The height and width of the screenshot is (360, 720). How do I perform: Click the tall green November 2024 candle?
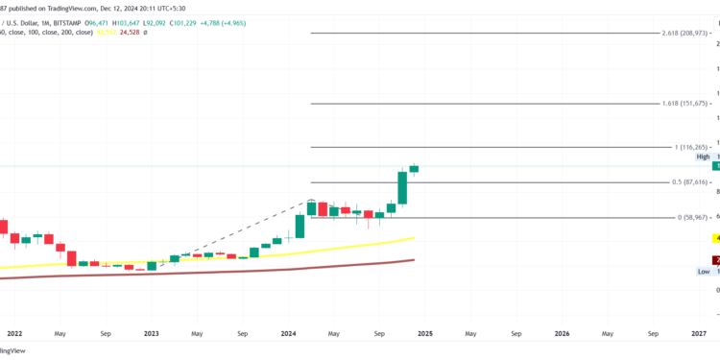tap(403, 187)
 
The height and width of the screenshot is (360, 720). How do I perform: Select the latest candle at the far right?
tap(414, 168)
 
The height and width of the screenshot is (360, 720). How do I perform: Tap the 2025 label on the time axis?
tap(424, 334)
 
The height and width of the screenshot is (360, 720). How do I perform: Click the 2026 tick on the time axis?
tap(562, 334)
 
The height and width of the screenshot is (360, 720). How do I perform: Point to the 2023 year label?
tap(151, 334)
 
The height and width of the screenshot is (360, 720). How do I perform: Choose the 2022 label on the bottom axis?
tap(13, 334)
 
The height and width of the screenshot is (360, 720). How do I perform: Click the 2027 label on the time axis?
tap(699, 334)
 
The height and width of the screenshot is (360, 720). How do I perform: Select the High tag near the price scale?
tap(703, 156)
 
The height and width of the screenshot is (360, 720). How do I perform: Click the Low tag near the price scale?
tap(704, 272)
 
